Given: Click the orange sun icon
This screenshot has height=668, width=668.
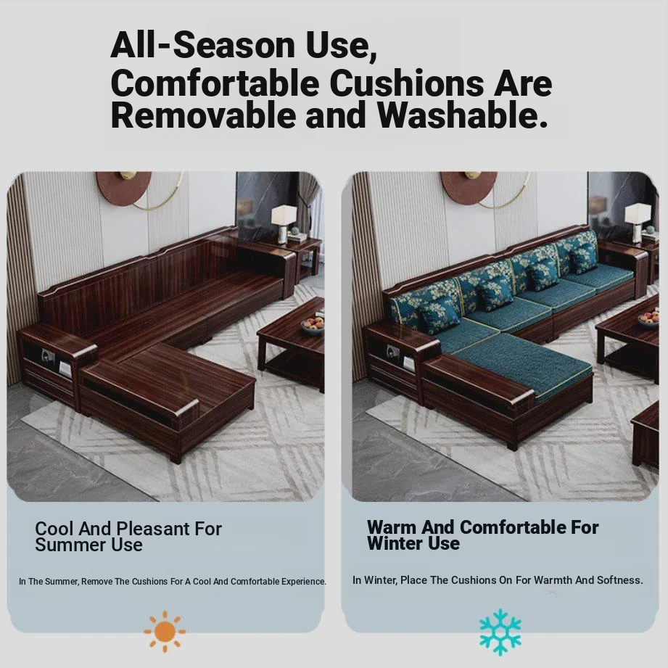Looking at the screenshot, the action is tap(165, 631).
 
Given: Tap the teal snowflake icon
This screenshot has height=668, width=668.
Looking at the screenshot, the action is tap(500, 632).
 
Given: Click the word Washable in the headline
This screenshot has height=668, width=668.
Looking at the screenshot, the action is tap(462, 115).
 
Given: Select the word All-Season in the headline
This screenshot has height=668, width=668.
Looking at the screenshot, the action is tap(203, 45).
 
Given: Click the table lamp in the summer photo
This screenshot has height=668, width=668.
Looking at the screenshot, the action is tap(284, 224).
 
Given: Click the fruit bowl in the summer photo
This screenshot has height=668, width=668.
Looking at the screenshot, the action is tap(313, 326).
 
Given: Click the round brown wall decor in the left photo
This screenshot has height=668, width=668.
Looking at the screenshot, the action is tap(123, 188).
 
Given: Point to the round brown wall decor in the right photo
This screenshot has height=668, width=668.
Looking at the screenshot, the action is tap(469, 186).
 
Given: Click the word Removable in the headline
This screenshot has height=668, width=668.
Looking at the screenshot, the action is tap(204, 115).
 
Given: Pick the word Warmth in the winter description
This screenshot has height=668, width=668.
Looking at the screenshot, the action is tap(553, 580).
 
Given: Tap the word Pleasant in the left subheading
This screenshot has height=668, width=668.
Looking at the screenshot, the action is tap(153, 529).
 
